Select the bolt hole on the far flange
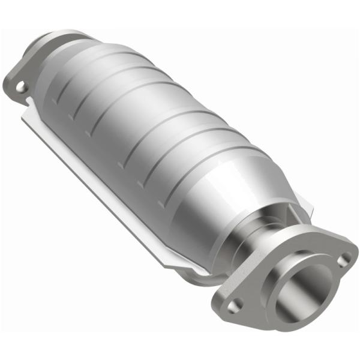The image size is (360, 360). (x=22, y=88)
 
